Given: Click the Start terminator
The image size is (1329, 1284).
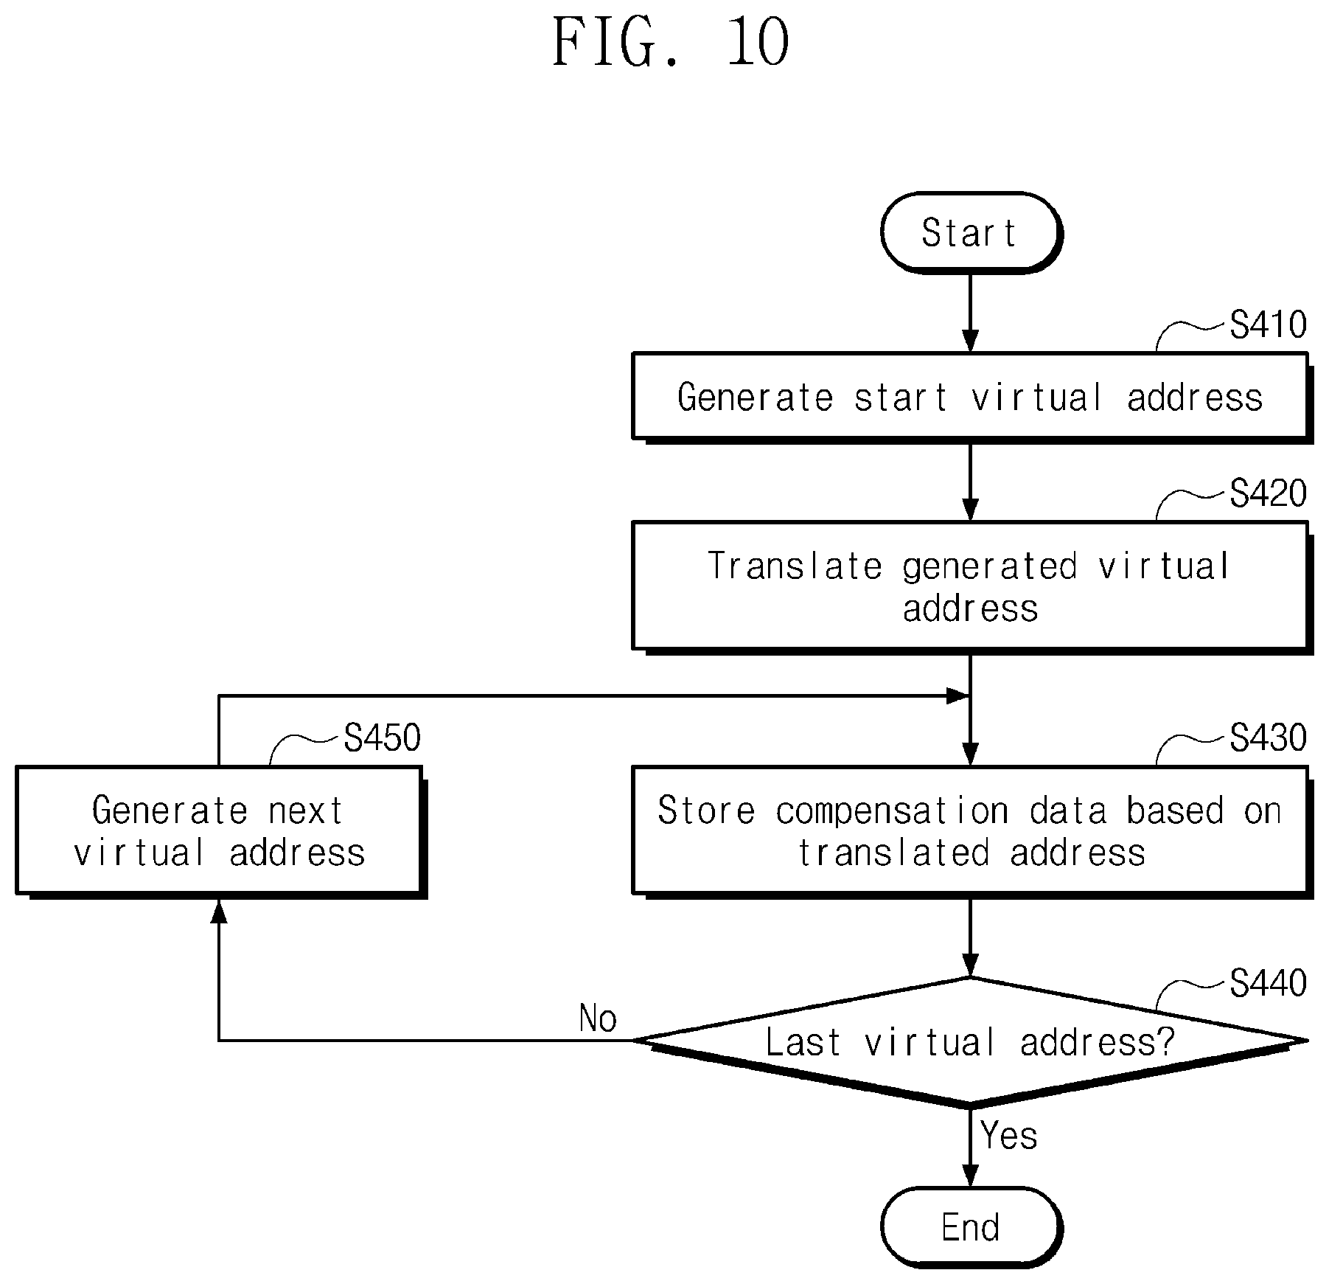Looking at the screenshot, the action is coord(971,233).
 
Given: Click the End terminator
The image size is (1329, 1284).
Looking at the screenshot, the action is coord(971,1228).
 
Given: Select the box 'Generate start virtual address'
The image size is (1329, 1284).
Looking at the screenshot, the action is coord(972,398).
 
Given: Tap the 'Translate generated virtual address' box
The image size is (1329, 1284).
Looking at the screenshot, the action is coord(972,587).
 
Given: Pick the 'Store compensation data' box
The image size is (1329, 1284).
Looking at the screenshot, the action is coord(972,831).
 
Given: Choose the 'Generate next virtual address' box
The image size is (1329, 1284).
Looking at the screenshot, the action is coord(220,831).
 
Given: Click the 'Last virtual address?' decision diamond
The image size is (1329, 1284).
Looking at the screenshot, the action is coord(971,1042).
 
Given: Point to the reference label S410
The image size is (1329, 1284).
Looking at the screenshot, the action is coord(1268,325).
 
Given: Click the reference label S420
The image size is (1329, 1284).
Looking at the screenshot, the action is coord(1268,493).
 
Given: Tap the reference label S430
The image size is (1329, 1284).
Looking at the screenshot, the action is coord(1268,738).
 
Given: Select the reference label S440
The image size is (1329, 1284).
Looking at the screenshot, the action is coord(1268,983).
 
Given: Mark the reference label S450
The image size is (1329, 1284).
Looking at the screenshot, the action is coord(383,738).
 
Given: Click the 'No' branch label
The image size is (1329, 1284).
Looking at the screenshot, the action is coord(598,1018).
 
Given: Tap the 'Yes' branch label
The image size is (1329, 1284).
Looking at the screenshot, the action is coord(1009,1136).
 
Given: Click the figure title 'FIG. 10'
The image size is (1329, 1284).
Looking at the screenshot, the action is coord(671,42).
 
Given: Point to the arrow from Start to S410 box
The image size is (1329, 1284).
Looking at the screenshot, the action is coord(971,313).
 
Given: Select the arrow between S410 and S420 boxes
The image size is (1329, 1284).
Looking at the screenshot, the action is coord(971,482).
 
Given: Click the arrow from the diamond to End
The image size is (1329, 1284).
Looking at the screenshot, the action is coord(971,1147).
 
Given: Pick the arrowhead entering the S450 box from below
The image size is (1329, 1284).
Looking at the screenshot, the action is coord(219,912).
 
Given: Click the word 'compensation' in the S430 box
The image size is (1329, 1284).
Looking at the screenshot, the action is coord(893,811).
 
